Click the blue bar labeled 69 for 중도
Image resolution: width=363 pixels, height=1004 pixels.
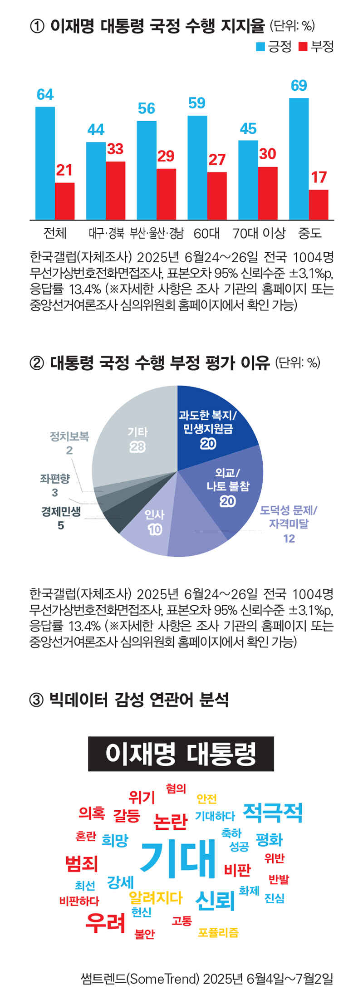[x=299, y=159]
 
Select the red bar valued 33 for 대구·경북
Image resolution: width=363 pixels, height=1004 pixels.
[x=116, y=191]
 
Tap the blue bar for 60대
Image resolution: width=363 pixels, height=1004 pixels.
[x=197, y=168]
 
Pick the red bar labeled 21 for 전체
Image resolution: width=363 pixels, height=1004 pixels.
[x=65, y=201]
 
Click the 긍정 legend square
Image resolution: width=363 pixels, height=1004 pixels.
[x=260, y=47]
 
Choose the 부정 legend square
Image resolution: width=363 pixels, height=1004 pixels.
[x=303, y=47]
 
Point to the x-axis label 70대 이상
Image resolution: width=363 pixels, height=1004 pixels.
[x=259, y=234]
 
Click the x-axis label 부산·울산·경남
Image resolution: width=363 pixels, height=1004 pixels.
[x=157, y=234]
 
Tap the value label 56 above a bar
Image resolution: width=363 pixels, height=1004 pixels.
[x=147, y=108]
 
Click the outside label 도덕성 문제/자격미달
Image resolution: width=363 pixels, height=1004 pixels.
[x=289, y=517]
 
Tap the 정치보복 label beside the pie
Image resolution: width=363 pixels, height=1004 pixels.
[x=69, y=436]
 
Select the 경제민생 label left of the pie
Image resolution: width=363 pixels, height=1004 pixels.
[x=61, y=512]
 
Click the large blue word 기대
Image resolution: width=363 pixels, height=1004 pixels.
[x=178, y=857]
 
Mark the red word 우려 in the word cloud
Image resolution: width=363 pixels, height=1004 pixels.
[x=105, y=922]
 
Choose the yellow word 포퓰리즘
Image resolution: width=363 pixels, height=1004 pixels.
[x=218, y=933]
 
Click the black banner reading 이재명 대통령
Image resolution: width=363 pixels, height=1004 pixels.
[x=181, y=754]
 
